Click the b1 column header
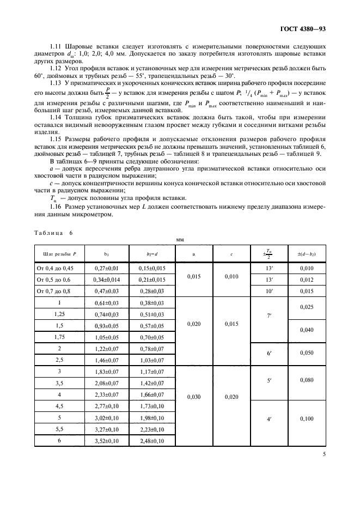coord(106,254)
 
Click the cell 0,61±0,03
coord(106,302)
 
